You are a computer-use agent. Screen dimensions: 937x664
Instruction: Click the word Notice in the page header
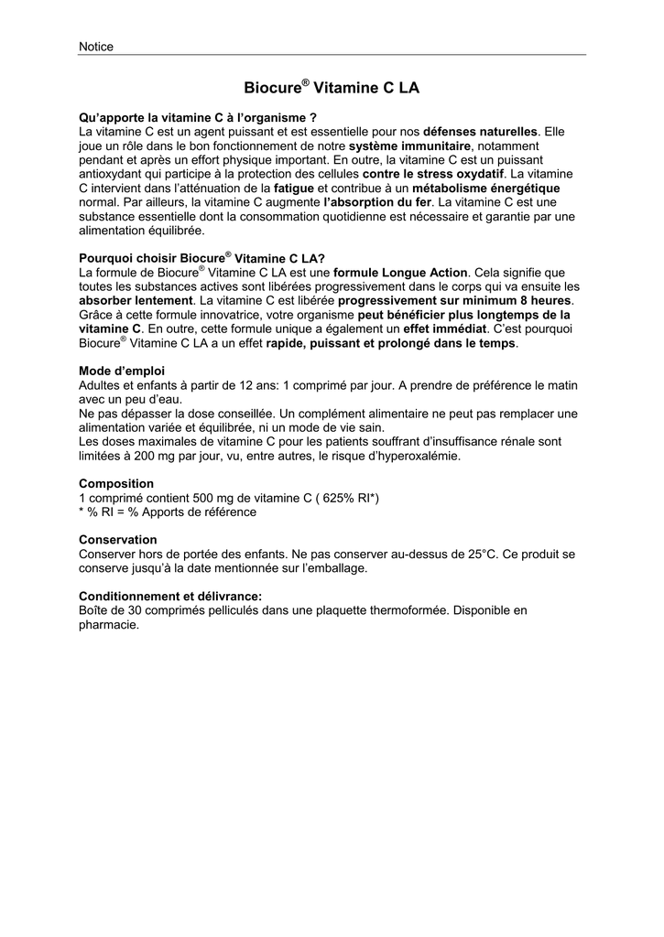tap(96, 47)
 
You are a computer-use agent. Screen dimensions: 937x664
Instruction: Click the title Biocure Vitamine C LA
tap(332, 88)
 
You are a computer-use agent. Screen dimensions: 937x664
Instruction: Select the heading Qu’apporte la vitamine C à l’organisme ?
tap(198, 118)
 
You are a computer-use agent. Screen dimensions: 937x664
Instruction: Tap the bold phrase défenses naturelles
tap(481, 132)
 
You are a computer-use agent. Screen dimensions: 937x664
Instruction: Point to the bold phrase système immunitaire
tap(409, 145)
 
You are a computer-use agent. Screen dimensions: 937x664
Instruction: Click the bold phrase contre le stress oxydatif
tap(433, 173)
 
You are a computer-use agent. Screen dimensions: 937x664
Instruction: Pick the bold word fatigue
tap(294, 188)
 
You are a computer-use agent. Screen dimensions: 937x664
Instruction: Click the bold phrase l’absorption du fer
tap(377, 201)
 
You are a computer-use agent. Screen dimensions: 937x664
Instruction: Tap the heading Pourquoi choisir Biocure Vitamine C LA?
tap(202, 258)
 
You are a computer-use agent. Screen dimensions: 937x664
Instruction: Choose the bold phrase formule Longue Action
tap(400, 273)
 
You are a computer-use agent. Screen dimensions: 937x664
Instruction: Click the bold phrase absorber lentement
tap(136, 300)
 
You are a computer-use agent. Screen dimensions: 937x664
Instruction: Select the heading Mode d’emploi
tap(122, 371)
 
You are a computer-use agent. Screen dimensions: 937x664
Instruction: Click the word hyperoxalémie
tap(410, 455)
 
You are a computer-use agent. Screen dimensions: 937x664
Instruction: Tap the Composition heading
tap(116, 483)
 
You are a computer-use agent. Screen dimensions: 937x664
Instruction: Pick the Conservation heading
tap(118, 540)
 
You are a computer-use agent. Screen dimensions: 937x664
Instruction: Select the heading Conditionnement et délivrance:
tap(170, 596)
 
